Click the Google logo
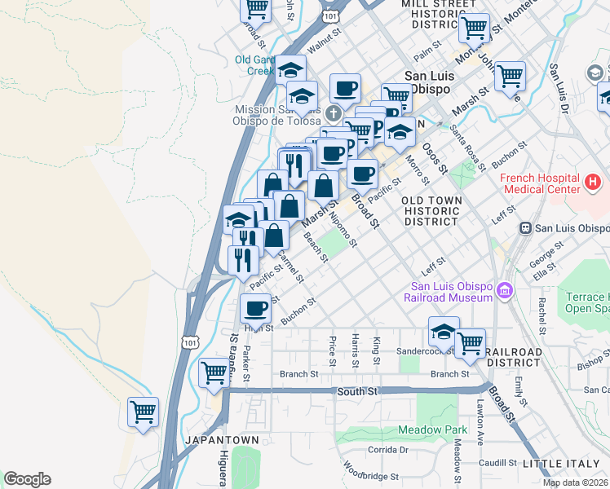tap(27, 479)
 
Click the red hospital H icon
tap(594, 180)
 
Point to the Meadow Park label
tap(432, 430)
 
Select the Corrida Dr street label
tap(387, 449)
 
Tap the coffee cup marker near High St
tap(256, 309)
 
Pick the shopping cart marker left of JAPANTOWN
tap(144, 412)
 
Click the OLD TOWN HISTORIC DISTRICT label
tap(432, 210)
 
